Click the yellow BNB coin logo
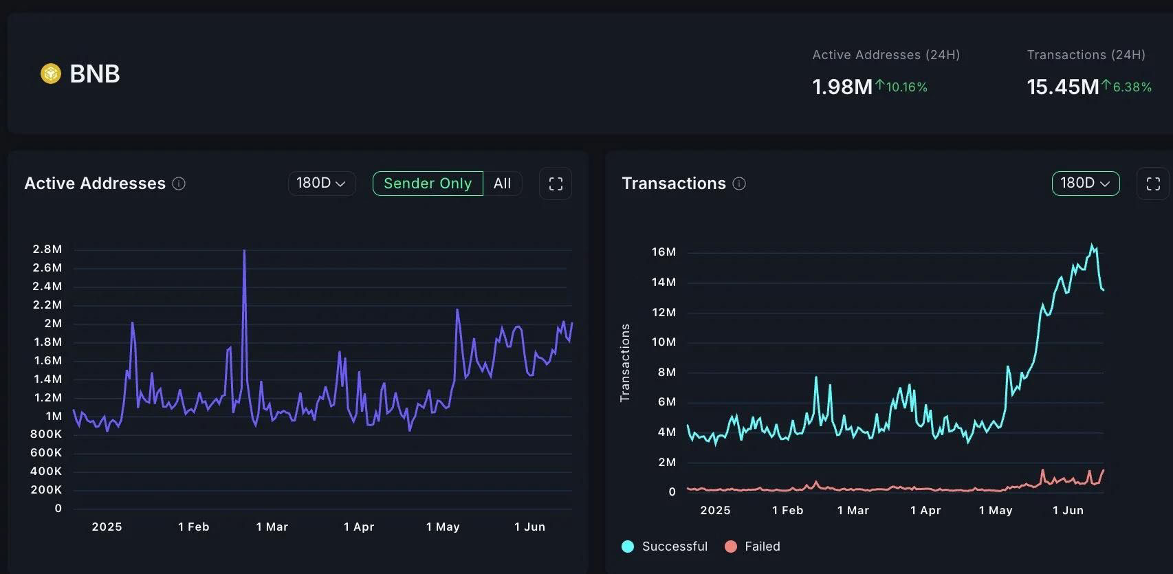[x=51, y=74]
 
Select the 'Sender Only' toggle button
[x=428, y=184]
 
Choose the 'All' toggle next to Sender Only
[x=503, y=184]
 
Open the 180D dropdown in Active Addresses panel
[x=321, y=184]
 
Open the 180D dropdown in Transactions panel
[x=1085, y=184]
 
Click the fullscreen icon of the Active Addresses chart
[x=556, y=184]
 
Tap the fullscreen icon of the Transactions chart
[x=1153, y=184]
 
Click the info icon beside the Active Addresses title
[x=179, y=184]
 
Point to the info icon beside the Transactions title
[x=739, y=184]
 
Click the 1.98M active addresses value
[x=842, y=87]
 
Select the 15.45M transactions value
[x=1062, y=87]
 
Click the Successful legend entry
[x=665, y=547]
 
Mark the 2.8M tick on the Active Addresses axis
[x=47, y=250]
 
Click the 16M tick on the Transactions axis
[x=664, y=252]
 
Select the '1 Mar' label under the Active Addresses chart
[x=272, y=527]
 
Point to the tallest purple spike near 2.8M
[x=244, y=252]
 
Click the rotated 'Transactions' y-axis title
[x=625, y=363]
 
